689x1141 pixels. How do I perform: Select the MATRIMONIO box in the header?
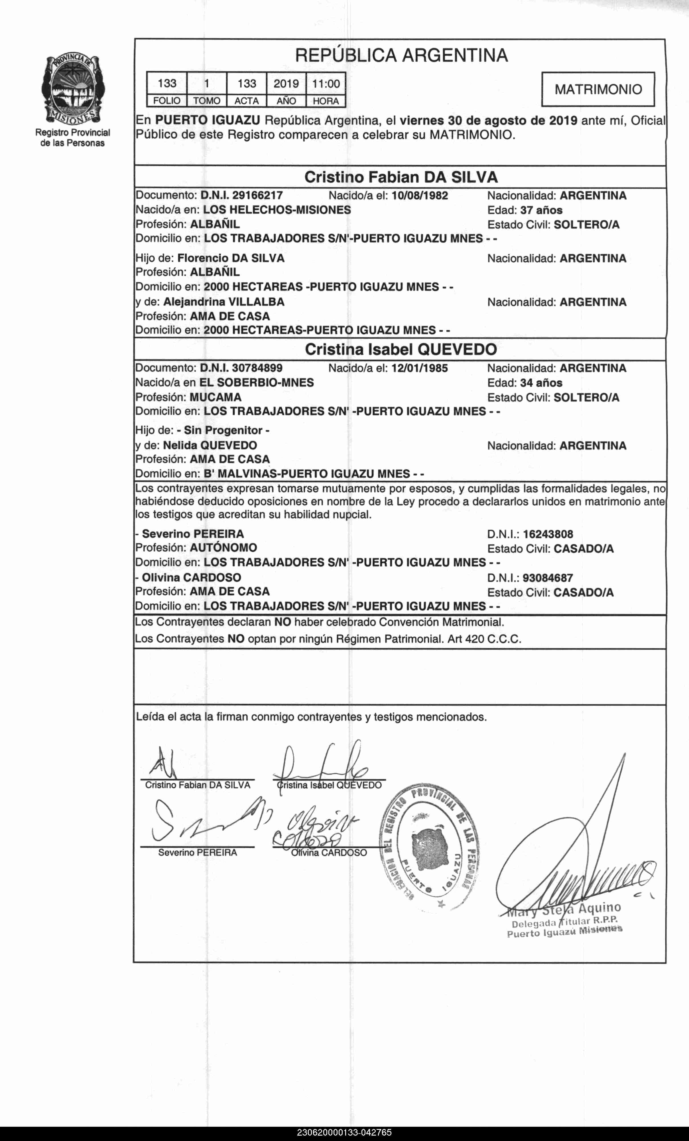598,89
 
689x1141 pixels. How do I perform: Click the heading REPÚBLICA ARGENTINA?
401,56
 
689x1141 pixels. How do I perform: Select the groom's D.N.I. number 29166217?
257,195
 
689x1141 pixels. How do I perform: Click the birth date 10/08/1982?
420,195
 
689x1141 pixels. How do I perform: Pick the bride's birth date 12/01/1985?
419,368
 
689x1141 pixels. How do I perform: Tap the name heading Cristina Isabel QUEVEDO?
401,350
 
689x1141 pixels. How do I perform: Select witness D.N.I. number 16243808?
548,534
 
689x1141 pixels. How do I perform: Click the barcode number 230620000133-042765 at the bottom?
344,1133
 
